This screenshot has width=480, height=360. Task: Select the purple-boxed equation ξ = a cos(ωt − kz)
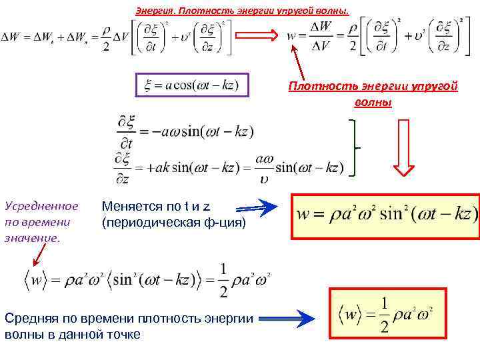192,86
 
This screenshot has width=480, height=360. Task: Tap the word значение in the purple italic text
32,237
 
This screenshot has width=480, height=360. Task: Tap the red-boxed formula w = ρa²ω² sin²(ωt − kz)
386,215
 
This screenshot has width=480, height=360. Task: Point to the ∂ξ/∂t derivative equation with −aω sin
185,131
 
